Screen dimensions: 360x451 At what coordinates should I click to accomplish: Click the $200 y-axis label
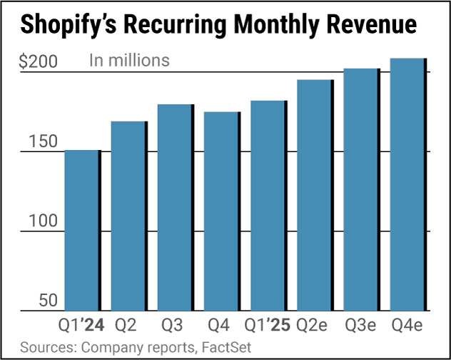38,61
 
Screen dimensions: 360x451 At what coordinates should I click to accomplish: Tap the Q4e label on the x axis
408,326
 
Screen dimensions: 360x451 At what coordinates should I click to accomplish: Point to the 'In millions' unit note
129,60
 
